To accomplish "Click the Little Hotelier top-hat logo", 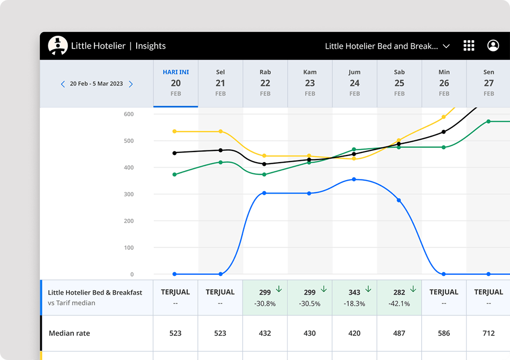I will [x=58, y=45].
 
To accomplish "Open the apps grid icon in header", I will [x=469, y=45].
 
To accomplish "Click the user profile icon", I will [x=493, y=45].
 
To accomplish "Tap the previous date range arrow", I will [x=63, y=84].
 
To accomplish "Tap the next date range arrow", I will [x=131, y=84].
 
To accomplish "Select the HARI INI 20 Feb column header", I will [x=176, y=83].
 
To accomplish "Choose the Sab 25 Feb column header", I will [x=399, y=83].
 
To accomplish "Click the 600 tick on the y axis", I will [x=128, y=114].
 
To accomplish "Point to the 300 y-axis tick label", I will [x=128, y=194].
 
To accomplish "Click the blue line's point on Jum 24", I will [x=354, y=179].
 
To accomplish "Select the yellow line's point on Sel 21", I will [x=220, y=132].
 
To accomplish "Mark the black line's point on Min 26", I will [x=444, y=132].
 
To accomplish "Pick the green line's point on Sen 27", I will [x=489, y=121].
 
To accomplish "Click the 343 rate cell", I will [x=354, y=292].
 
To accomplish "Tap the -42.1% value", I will [x=399, y=303].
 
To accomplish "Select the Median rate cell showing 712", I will [x=489, y=333].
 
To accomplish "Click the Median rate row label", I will [x=69, y=333].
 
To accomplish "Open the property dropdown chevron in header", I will [x=446, y=46].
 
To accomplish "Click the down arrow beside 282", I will [x=413, y=290].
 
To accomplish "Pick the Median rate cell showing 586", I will [x=444, y=333].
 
